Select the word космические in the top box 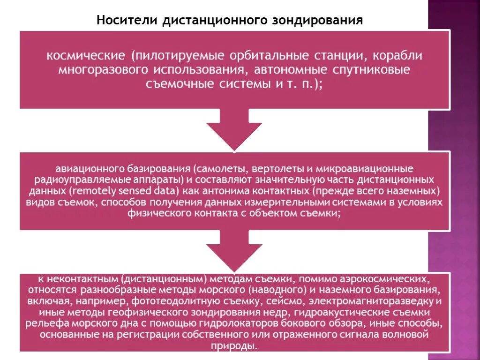[x=85, y=56]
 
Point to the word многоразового [x=101, y=70]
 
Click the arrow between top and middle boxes [x=234, y=129]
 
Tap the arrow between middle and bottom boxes [x=234, y=251]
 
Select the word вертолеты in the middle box [x=272, y=168]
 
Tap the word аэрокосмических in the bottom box [x=386, y=278]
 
